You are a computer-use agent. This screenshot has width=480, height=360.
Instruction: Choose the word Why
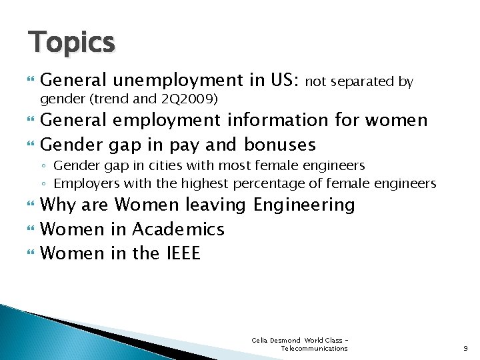pos(57,205)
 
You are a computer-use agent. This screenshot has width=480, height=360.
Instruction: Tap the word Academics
pos(178,229)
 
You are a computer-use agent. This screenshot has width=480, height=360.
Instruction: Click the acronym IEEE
pos(181,253)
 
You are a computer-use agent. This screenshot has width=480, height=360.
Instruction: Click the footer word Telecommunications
pos(314,349)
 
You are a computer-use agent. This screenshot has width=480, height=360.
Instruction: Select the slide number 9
pos(465,348)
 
